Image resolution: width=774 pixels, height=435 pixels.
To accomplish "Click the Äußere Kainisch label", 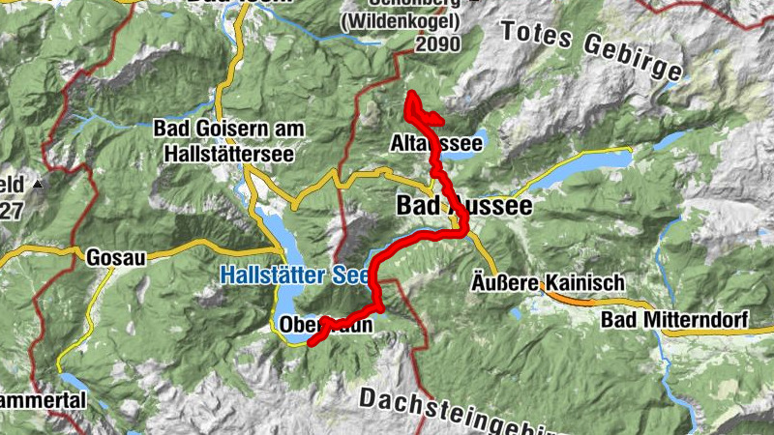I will point(547,282).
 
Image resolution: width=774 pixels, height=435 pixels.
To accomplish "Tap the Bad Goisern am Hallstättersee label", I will point(228,138).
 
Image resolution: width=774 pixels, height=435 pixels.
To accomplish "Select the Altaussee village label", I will point(436,144).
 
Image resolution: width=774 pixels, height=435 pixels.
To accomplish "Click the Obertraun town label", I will point(325,325).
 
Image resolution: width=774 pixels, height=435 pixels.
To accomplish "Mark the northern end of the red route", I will point(409,94).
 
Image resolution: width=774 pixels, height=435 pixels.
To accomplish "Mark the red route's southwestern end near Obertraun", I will point(310,341).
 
